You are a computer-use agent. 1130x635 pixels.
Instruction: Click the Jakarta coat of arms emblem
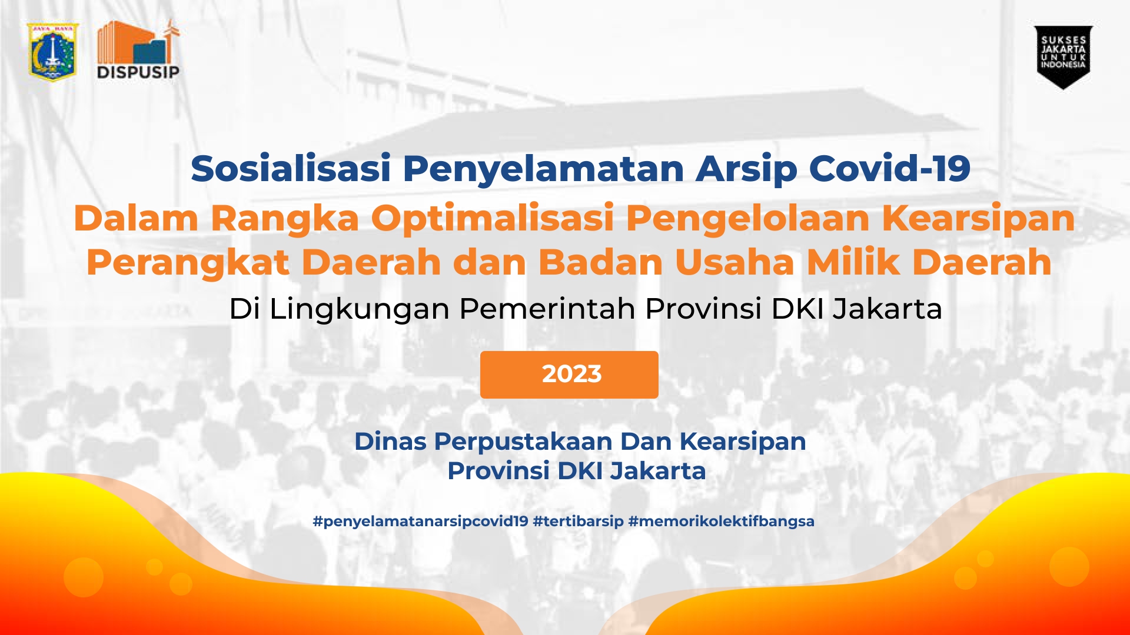[53, 52]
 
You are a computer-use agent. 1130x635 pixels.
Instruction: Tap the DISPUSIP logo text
[138, 72]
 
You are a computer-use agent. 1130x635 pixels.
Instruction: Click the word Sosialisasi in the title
[291, 169]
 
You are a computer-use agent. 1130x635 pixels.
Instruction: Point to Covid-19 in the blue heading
[889, 169]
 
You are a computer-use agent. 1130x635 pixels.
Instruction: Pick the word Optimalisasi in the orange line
[493, 218]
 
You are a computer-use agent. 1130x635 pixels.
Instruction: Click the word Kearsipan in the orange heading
[978, 218]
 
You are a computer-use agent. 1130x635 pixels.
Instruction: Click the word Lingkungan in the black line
[359, 309]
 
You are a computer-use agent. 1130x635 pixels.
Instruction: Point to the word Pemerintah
[547, 309]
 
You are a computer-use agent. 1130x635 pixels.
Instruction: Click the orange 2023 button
[569, 375]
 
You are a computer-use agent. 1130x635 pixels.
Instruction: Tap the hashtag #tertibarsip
[578, 522]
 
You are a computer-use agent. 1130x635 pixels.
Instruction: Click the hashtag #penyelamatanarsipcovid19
[420, 522]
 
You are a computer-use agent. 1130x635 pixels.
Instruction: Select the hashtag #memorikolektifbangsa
[721, 522]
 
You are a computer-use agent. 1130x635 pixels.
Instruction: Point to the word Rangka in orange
[285, 218]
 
